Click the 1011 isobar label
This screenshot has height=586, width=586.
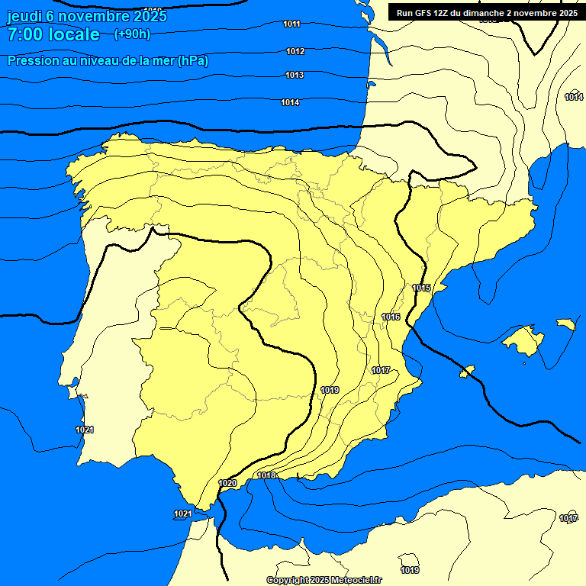pos(291,24)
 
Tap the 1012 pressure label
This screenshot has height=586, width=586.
pos(295,51)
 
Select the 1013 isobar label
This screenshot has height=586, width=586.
pos(295,75)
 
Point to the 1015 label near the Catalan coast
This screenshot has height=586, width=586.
pos(421,288)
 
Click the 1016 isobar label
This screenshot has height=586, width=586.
pos(391,317)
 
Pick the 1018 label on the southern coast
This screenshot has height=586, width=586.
pos(266,475)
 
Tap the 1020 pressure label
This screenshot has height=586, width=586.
pos(227,483)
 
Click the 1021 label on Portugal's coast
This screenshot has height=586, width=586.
pos(85,430)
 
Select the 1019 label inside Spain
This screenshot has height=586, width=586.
pos(330,390)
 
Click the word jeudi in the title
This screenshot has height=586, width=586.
pos(28,16)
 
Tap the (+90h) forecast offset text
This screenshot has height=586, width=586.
pos(132,34)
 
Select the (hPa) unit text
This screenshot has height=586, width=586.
pos(193,60)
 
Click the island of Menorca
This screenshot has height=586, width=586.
pos(565,324)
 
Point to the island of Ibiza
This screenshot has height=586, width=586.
pos(468,372)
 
